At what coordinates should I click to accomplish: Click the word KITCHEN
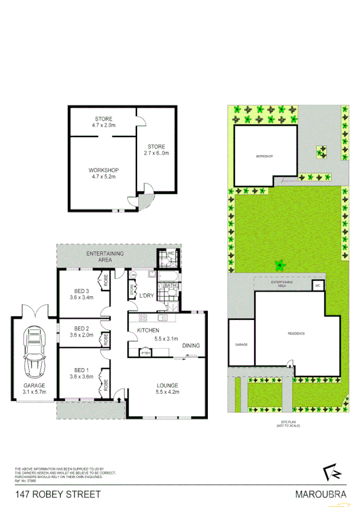147,331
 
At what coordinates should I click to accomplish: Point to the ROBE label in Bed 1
106,382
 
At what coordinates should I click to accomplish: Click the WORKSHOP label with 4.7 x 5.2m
103,173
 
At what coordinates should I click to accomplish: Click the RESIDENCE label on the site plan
295,333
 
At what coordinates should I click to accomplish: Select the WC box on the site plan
317,286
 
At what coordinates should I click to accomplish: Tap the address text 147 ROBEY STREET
58,495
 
